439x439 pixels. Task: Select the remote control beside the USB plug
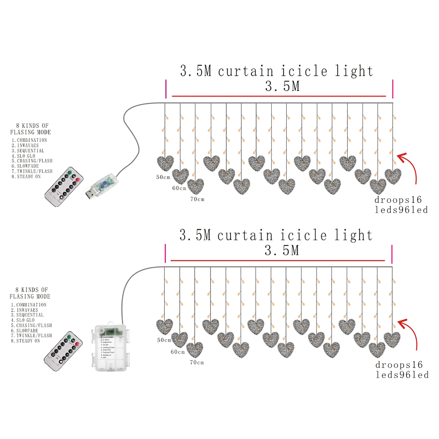coord(64,187)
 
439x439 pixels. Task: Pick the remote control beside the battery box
coord(63,351)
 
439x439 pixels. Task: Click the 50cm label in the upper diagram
coord(163,177)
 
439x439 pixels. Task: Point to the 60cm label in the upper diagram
coord(179,188)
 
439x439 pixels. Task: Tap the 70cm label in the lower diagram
coord(197,362)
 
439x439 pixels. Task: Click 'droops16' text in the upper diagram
coord(398,200)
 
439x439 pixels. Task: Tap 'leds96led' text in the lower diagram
coord(402,375)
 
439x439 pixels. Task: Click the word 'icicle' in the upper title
coord(304,71)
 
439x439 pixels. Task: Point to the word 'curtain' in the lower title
coord(245,236)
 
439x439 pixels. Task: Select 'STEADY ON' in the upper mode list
coord(29,177)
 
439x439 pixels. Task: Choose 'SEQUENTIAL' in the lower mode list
coord(30,315)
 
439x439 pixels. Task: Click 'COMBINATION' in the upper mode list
coord(32,140)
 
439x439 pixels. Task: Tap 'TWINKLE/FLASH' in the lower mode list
coord(34,336)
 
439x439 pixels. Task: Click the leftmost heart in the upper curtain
coord(165,163)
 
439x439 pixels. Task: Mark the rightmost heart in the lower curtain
coord(392,340)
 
